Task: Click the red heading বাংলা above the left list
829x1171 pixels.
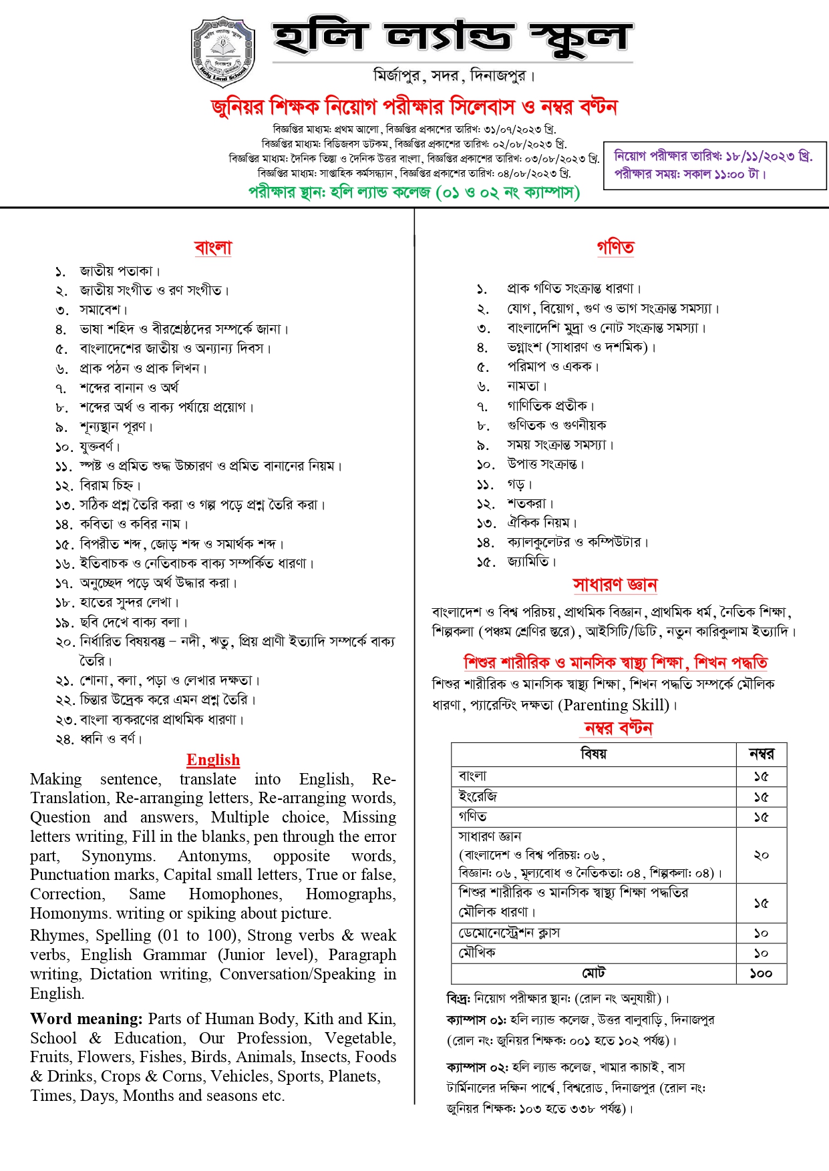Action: point(213,248)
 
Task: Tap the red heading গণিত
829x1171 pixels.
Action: point(615,247)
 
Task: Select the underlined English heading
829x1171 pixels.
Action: point(213,760)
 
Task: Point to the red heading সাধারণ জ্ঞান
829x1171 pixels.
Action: point(615,585)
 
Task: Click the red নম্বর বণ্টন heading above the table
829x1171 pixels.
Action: point(618,728)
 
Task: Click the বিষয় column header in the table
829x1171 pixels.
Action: point(593,754)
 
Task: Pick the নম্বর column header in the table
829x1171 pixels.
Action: point(761,754)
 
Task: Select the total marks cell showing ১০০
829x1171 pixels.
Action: point(761,973)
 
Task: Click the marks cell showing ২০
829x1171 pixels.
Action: point(761,855)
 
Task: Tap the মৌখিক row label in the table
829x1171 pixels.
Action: point(477,953)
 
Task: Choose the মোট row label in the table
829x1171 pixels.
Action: point(593,973)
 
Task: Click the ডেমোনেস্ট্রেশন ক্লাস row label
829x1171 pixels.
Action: point(509,933)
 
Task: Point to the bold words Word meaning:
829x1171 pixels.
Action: point(86,1019)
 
